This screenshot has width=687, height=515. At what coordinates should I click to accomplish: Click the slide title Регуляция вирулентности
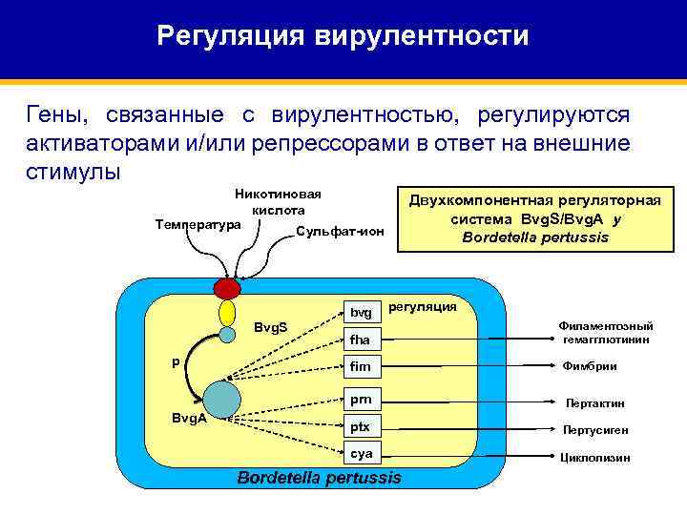coord(343,36)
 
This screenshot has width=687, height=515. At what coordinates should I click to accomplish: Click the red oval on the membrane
coord(227,288)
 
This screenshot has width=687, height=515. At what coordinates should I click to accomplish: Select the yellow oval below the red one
coord(227,313)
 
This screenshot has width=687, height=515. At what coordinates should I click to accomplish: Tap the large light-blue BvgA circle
coord(222,399)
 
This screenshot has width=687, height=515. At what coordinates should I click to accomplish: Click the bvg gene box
coord(361,312)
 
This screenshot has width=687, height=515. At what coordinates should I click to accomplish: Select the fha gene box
coord(361,340)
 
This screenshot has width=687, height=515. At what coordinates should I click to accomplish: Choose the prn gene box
coord(361,400)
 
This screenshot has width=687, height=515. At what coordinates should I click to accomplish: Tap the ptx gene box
coord(361,426)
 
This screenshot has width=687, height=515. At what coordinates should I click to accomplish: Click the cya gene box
coord(361,454)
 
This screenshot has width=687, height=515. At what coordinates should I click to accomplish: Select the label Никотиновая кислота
coord(278,200)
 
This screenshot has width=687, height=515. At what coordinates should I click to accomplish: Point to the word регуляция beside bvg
coord(424,306)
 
